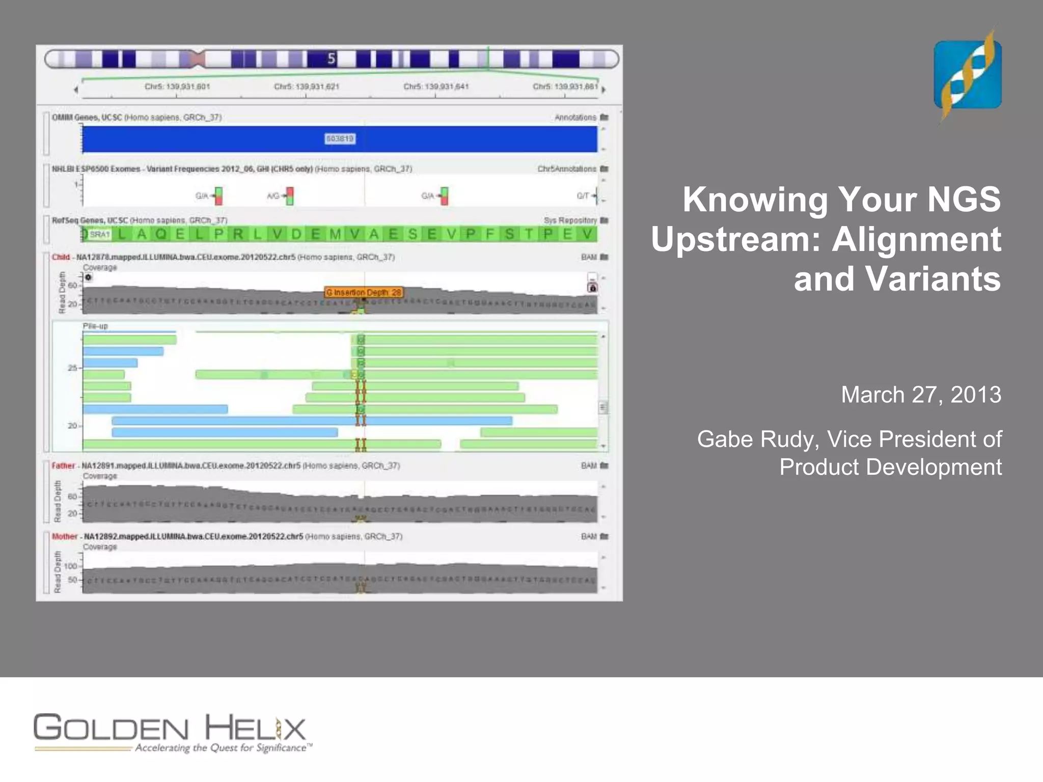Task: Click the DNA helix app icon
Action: coord(967,75)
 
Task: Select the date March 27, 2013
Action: coord(921,395)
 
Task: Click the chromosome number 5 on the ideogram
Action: coord(332,59)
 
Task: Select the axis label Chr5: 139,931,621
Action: coord(307,87)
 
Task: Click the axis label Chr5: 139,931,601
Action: coord(177,87)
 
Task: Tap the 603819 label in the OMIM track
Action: coord(340,138)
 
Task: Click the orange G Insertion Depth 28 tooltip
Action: coord(364,292)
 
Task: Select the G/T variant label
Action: coord(583,196)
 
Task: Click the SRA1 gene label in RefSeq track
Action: coord(99,234)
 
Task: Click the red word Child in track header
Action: coord(61,257)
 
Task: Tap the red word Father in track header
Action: coord(63,466)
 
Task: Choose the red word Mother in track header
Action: coord(65,537)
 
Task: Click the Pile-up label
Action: coord(96,326)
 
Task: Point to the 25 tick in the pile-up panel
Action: coord(73,368)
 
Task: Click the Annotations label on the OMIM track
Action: coord(575,118)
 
